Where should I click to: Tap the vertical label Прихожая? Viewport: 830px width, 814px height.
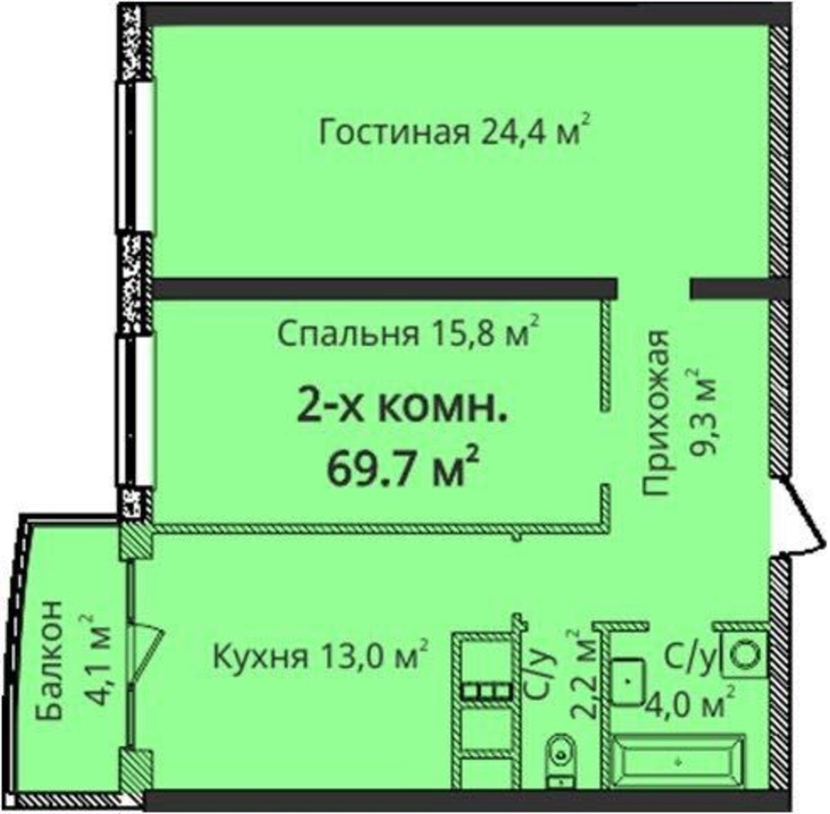656,413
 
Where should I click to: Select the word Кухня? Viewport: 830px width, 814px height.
261,657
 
